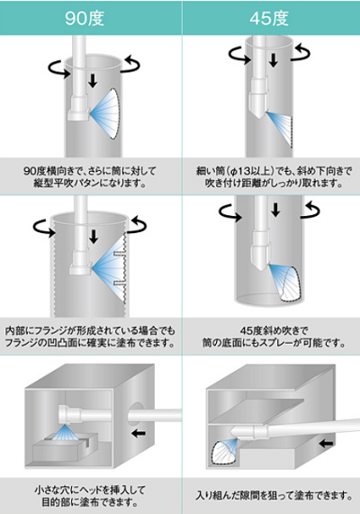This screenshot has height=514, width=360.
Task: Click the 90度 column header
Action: pyautogui.click(x=85, y=18)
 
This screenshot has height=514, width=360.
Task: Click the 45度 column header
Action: pyautogui.click(x=269, y=18)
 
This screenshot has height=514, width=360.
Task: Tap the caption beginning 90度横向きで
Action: pyautogui.click(x=90, y=176)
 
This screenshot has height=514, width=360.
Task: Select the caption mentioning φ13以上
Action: pyautogui.click(x=274, y=176)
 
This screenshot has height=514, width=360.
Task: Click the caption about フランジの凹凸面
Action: pyautogui.click(x=90, y=337)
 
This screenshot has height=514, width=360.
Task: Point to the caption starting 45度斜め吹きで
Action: pyautogui.click(x=274, y=337)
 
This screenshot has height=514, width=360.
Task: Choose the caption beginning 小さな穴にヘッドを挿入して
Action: pyautogui.click(x=90, y=496)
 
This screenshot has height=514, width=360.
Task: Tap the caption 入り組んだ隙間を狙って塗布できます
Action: pyautogui.click(x=274, y=495)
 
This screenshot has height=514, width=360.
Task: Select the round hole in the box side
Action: pyautogui.click(x=134, y=416)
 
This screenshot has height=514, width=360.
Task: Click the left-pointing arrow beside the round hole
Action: pyautogui.click(x=138, y=434)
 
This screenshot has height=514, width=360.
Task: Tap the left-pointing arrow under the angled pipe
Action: pyautogui.click(x=326, y=444)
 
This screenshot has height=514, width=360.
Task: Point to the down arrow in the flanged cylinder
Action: pyautogui.click(x=94, y=237)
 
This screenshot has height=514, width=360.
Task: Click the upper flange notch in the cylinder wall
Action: pyautogui.click(x=120, y=253)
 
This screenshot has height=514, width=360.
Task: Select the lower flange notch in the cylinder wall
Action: pyautogui.click(x=120, y=283)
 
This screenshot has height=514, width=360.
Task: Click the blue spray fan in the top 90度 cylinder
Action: pyautogui.click(x=105, y=113)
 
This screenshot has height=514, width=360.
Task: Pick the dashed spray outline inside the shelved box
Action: pyautogui.click(x=224, y=453)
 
